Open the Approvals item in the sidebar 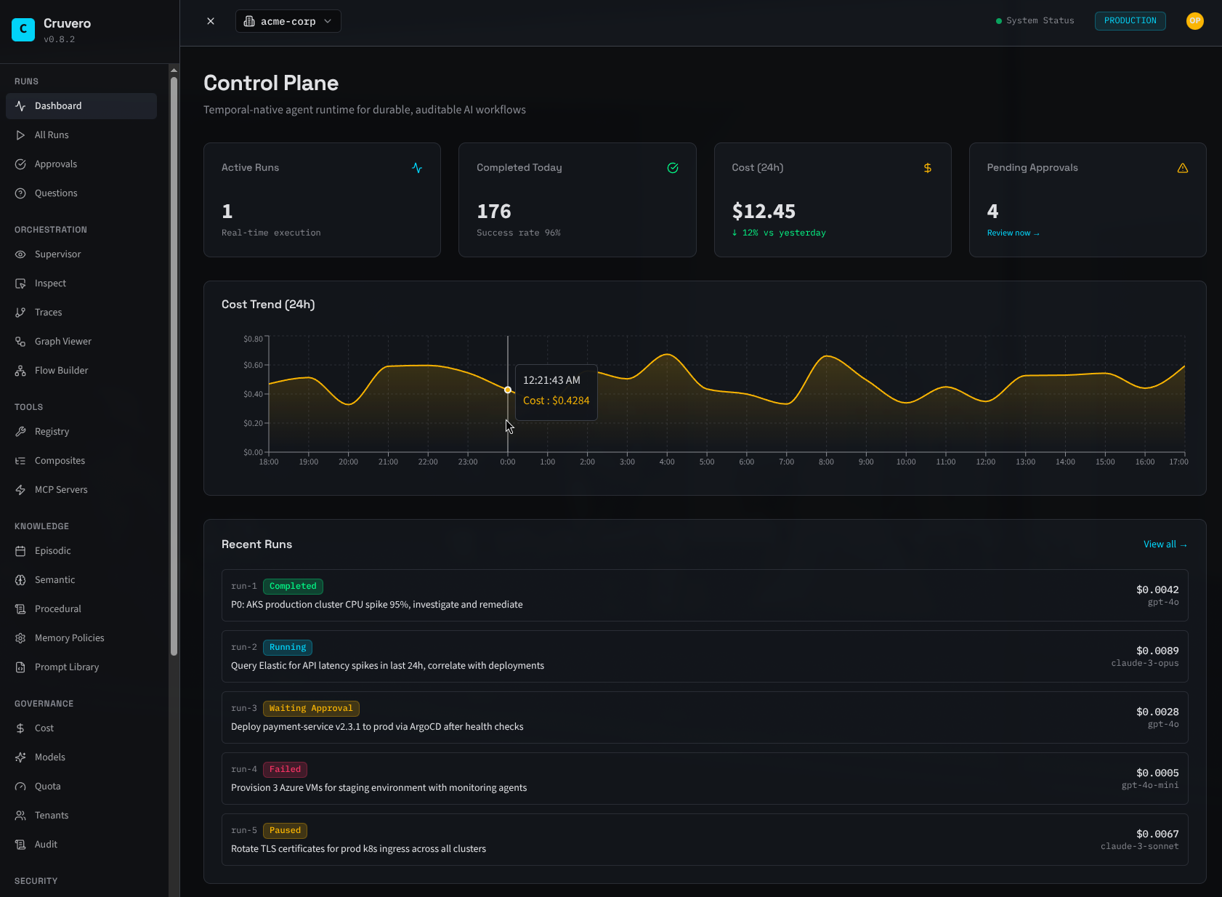(x=55, y=164)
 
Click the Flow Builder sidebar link (x=61, y=371)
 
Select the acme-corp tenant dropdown (x=288, y=21)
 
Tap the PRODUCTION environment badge (x=1130, y=21)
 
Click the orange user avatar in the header (x=1194, y=21)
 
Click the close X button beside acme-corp (x=211, y=21)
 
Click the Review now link (x=1013, y=233)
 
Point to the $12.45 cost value (x=764, y=212)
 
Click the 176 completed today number (x=494, y=212)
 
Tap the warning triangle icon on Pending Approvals (x=1183, y=168)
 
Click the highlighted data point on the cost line (x=508, y=390)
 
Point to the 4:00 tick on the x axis (x=667, y=462)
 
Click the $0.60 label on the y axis (x=253, y=365)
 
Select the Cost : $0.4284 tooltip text (x=556, y=401)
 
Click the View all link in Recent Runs (x=1165, y=544)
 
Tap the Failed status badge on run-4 (x=285, y=769)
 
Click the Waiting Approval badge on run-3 (x=311, y=708)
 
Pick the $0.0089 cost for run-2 (x=1157, y=651)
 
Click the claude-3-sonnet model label (x=1139, y=846)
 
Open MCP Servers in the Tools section (x=61, y=490)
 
